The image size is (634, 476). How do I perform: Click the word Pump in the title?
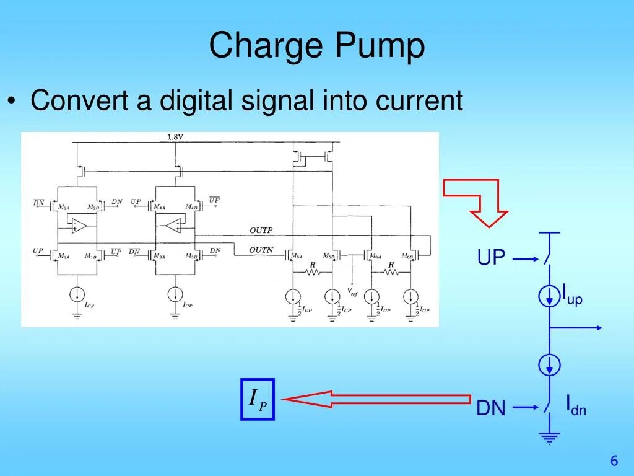coord(380,48)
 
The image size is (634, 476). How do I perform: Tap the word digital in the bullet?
coord(198,100)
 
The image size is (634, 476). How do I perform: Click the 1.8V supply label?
coord(176,136)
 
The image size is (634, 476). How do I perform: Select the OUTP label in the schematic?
coord(261,231)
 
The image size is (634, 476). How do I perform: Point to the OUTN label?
coord(261,250)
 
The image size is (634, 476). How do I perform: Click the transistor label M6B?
coord(407,256)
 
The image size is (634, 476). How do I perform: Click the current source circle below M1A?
coord(77,293)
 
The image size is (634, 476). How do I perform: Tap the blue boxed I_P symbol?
coord(257,399)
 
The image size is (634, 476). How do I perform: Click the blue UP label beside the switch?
coord(492,258)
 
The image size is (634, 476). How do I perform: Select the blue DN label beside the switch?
coord(491,408)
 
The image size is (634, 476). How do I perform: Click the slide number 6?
coord(614,461)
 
